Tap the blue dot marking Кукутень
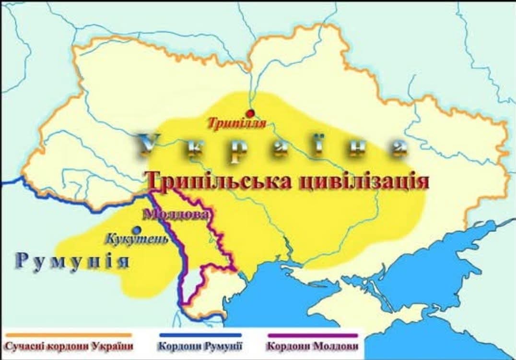point(138,229)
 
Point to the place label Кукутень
point(137,239)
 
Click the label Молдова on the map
point(176,214)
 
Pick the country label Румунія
point(72,261)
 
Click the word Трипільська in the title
point(219,182)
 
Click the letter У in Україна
point(149,144)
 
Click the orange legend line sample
point(67,335)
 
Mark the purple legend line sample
point(313,335)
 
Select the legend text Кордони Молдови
point(313,346)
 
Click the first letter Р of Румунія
point(22,261)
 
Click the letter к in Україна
point(193,146)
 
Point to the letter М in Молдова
point(149,214)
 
